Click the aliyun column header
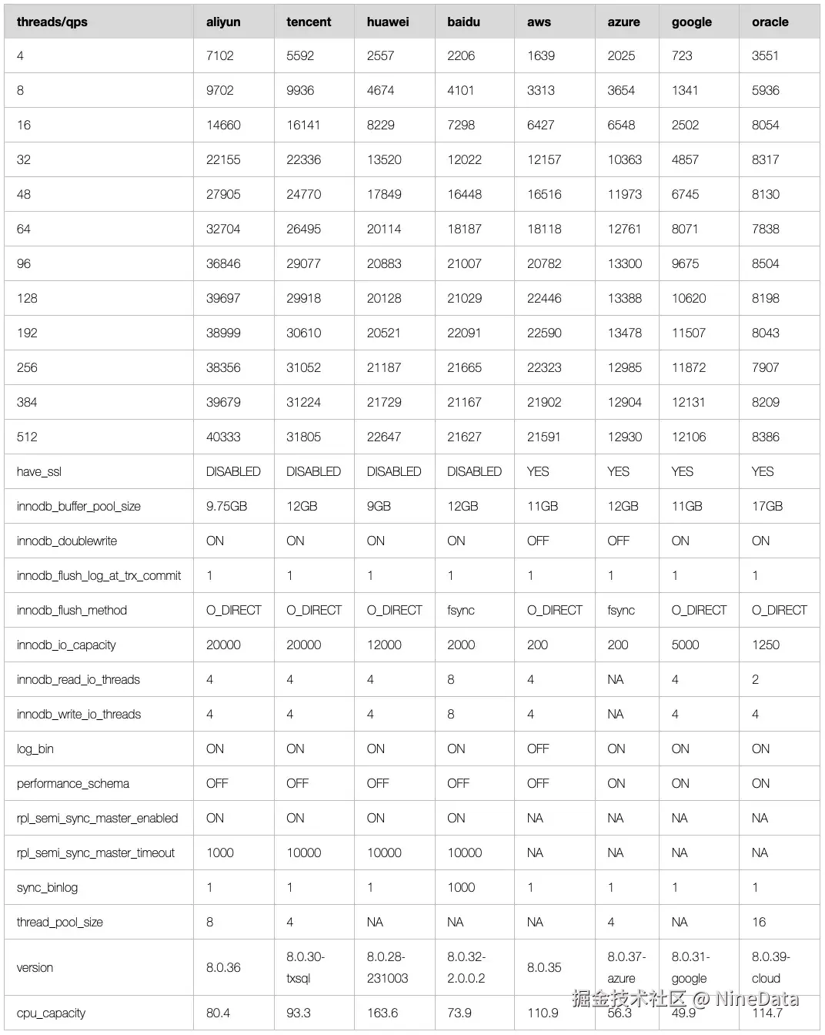click(x=223, y=22)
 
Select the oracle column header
click(x=770, y=22)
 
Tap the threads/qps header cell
click(x=52, y=22)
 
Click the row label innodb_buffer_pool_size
click(x=78, y=506)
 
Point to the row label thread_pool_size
click(x=60, y=922)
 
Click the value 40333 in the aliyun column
click(x=223, y=437)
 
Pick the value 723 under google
click(x=682, y=55)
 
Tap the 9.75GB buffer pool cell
click(x=226, y=506)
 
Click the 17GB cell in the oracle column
click(x=767, y=506)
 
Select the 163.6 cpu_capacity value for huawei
click(x=382, y=1013)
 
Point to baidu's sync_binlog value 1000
click(x=461, y=887)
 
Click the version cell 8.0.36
click(x=223, y=967)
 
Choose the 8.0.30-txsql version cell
click(x=306, y=967)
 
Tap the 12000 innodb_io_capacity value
click(x=384, y=645)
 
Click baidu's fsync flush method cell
click(x=461, y=610)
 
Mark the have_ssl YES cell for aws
click(x=538, y=471)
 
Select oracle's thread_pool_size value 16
click(x=759, y=922)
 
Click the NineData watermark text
click(x=756, y=1000)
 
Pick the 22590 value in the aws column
click(x=544, y=333)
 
